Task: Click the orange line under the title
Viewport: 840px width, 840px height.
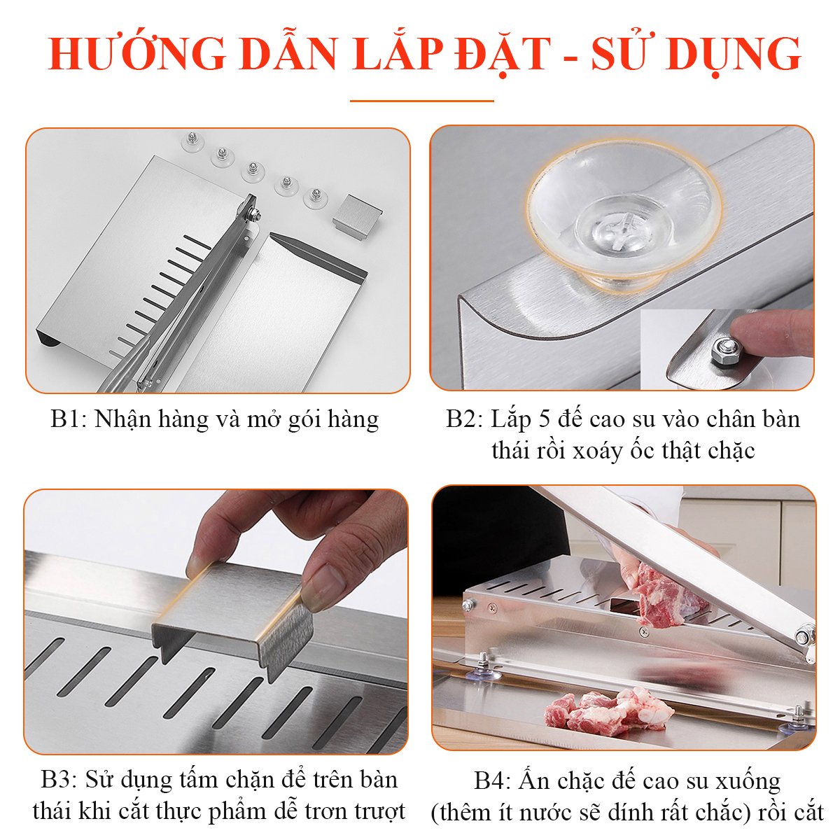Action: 421,101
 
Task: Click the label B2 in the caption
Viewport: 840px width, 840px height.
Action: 464,419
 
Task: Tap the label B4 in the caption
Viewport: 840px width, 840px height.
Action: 492,780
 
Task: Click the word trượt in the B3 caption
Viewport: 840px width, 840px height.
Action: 379,811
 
